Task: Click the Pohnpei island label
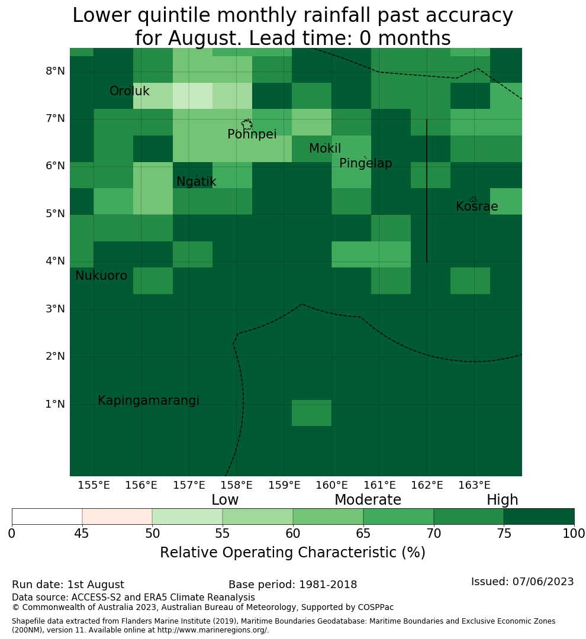[x=252, y=134]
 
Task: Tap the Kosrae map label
[x=476, y=206]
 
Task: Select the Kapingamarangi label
[x=149, y=401]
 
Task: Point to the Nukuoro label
[x=101, y=276]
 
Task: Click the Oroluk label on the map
[x=129, y=91]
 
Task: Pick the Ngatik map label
[x=196, y=182]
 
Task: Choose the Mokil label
[x=325, y=149]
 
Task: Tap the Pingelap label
[x=365, y=163]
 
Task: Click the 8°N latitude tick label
[x=55, y=72]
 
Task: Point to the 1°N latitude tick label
[x=55, y=404]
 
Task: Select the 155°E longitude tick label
[x=94, y=485]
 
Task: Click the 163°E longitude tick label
[x=474, y=485]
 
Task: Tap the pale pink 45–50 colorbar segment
[x=117, y=517]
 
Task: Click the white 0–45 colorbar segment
[x=47, y=517]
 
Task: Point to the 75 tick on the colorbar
[x=504, y=533]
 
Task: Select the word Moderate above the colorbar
[x=368, y=499]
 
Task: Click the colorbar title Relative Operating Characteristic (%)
[x=292, y=553]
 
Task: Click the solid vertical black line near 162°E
[x=427, y=191]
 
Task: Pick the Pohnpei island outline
[x=247, y=124]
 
